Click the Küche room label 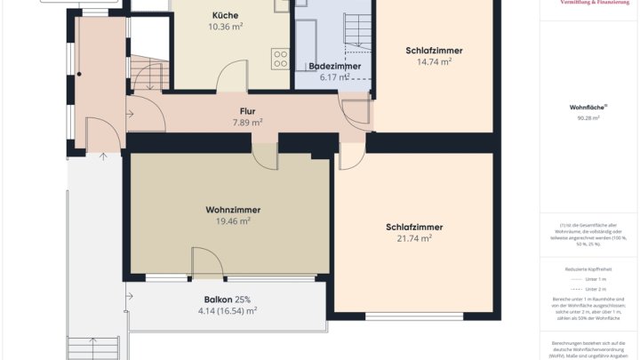(225, 15)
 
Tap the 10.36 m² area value (225, 27)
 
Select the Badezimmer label (334, 67)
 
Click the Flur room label (247, 111)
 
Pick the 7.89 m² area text (247, 123)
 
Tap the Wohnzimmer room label (233, 210)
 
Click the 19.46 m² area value (233, 221)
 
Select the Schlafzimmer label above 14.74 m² (434, 51)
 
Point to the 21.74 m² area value (414, 238)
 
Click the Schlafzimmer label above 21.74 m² (414, 227)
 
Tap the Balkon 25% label (227, 300)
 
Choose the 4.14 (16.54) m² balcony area (227, 311)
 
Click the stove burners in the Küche (281, 59)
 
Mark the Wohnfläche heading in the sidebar (588, 108)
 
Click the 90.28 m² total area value (588, 117)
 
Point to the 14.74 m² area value (434, 62)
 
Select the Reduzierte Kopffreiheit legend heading (588, 268)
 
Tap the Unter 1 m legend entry (590, 278)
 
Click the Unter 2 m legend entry (590, 289)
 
